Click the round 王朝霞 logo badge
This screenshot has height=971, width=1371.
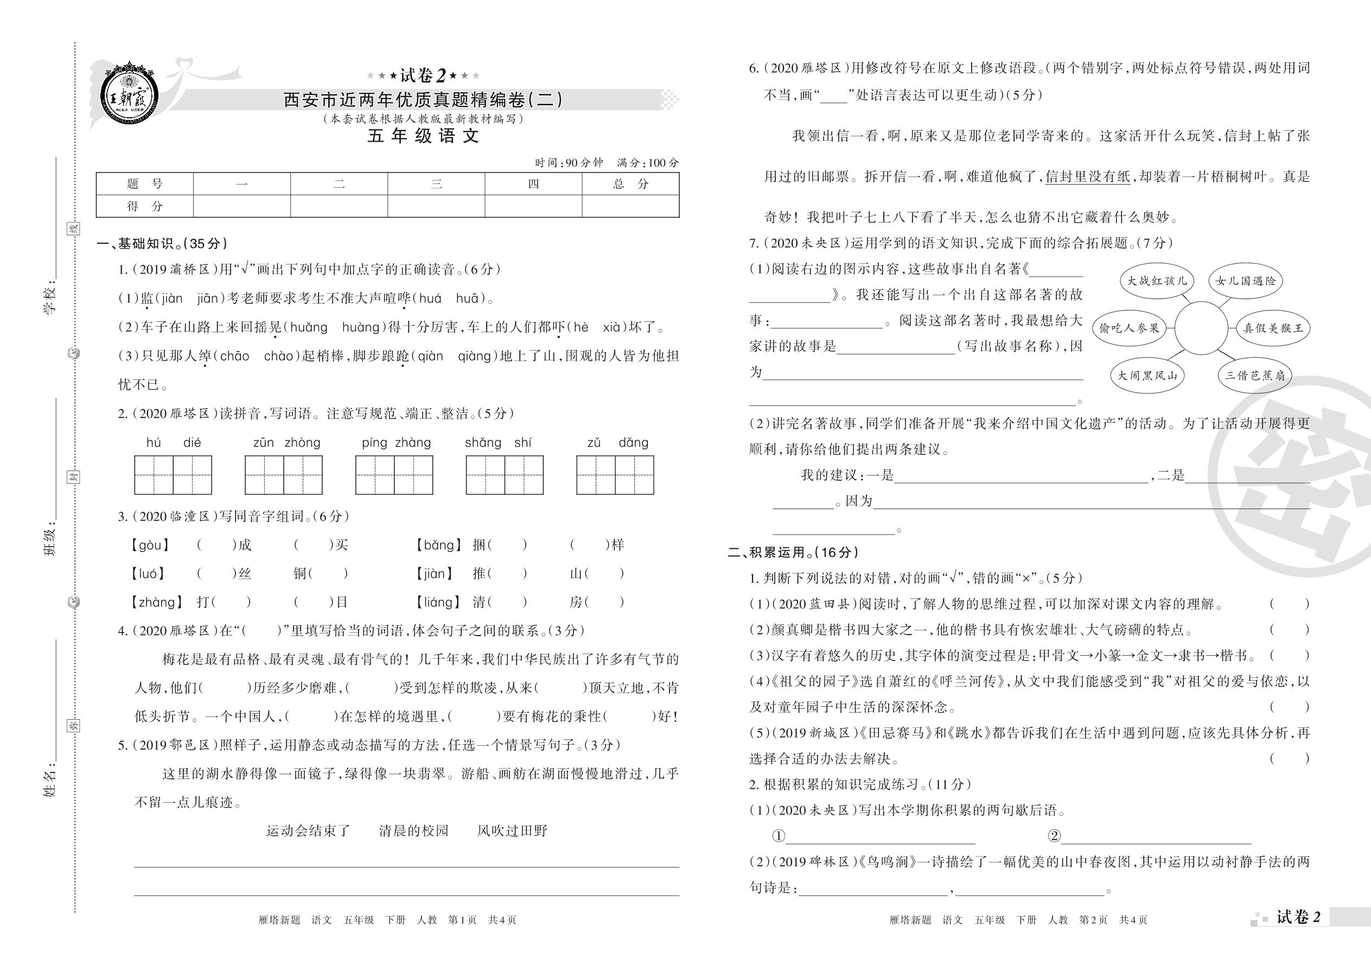(x=130, y=95)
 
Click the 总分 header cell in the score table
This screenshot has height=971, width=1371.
(x=630, y=184)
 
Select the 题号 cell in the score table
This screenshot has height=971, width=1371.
(x=145, y=184)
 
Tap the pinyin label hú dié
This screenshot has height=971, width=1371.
(x=173, y=443)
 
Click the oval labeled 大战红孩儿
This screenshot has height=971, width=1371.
(x=1157, y=281)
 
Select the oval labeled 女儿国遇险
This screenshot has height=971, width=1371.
(x=1245, y=281)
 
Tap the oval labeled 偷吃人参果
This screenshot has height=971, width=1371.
(x=1129, y=328)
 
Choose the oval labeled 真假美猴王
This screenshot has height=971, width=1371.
(x=1272, y=328)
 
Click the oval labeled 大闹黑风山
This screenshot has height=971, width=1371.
(x=1146, y=376)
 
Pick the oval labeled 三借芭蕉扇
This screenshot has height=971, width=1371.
(x=1254, y=376)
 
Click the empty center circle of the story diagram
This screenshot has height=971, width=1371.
(x=1201, y=328)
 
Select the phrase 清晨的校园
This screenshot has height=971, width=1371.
(x=413, y=830)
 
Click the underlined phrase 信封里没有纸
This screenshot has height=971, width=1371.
(x=1087, y=177)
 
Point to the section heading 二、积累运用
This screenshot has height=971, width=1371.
(x=793, y=553)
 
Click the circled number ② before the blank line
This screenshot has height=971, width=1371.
(x=1054, y=836)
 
